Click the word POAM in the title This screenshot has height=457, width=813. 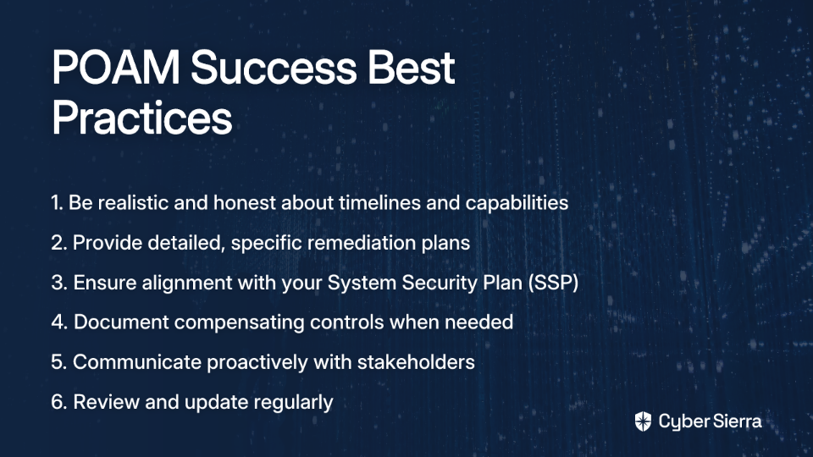tap(116, 68)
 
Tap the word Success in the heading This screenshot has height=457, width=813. tap(274, 68)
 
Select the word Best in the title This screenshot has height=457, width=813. tap(412, 68)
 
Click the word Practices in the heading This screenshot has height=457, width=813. tap(141, 118)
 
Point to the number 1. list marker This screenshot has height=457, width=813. tap(57, 202)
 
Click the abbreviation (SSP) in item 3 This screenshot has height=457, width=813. tap(553, 283)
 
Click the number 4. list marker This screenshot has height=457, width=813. tap(59, 322)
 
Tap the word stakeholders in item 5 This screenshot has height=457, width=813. tap(416, 362)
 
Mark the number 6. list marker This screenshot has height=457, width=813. tap(59, 402)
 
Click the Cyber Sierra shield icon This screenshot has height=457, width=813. tap(643, 421)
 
